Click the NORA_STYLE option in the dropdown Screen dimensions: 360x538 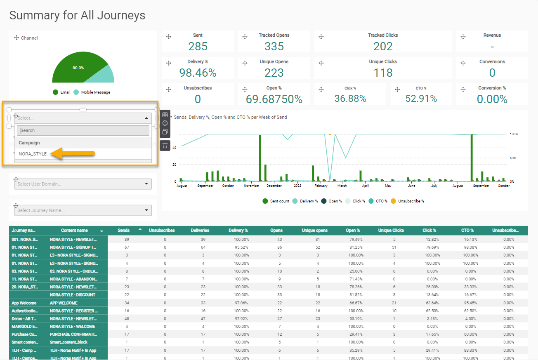[33, 154]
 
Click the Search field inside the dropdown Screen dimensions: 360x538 [83, 130]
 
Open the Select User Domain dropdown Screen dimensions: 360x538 [83, 184]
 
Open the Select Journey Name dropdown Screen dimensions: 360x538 [83, 210]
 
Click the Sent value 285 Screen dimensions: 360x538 [198, 46]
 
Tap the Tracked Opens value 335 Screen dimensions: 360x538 [274, 46]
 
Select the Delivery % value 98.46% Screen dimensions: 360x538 [198, 73]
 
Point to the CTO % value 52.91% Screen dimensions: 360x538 [421, 99]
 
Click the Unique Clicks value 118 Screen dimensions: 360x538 [383, 73]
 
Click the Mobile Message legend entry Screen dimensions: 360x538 [95, 92]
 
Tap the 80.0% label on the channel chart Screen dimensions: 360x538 [78, 68]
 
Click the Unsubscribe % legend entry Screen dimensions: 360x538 [411, 201]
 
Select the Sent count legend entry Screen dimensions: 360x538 [279, 201]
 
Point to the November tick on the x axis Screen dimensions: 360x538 [251, 186]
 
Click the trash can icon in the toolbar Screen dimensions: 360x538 [165, 145]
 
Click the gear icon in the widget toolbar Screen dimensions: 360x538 [165, 123]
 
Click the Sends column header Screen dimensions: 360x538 [123, 231]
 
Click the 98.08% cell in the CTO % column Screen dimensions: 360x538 [467, 247]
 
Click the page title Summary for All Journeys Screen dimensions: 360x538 [77, 15]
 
